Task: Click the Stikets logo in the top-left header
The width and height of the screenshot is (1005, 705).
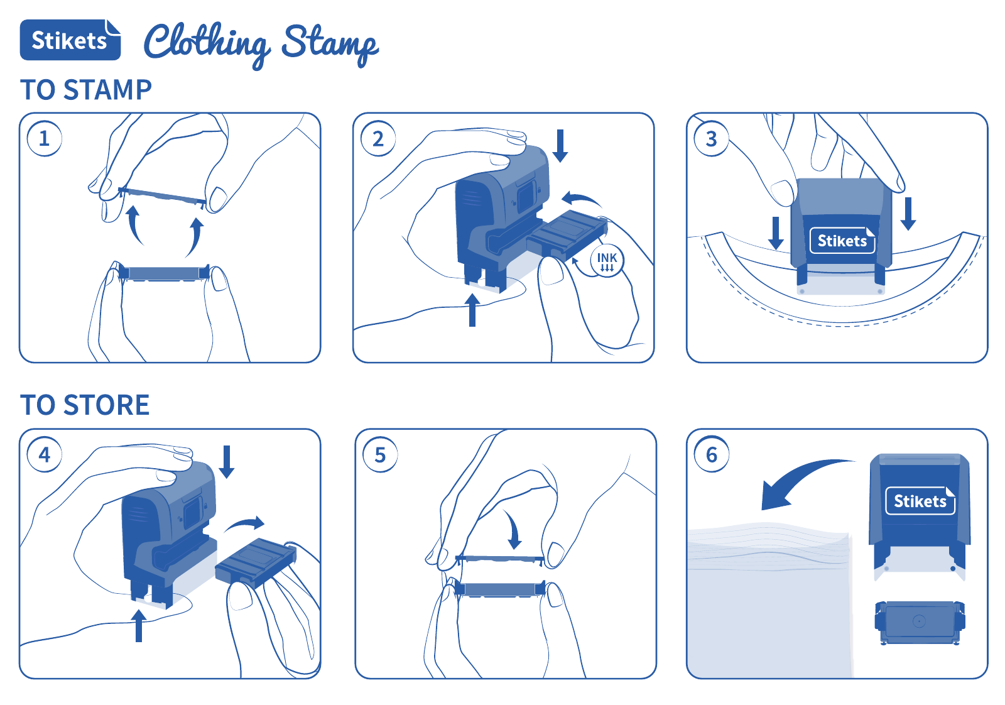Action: click(70, 40)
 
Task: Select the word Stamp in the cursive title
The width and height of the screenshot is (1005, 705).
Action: click(330, 45)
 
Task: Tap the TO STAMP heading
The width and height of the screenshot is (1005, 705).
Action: click(86, 90)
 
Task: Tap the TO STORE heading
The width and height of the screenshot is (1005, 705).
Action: click(85, 405)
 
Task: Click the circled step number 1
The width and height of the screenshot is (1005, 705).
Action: click(45, 139)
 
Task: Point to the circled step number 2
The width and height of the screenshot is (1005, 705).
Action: click(378, 139)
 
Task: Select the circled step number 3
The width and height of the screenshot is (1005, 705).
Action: click(712, 139)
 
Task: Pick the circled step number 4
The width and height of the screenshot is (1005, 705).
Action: click(45, 454)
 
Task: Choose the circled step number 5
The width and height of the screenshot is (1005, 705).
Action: click(380, 454)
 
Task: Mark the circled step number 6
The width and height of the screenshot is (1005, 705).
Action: click(712, 454)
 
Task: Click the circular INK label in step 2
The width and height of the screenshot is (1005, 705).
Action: click(607, 261)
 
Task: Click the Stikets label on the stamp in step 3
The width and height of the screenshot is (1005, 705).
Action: click(842, 241)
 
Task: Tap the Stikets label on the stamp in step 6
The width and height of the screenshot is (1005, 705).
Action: click(920, 501)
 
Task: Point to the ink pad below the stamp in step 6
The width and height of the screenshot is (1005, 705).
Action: click(920, 623)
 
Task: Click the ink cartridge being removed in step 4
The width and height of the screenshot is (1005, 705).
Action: click(256, 563)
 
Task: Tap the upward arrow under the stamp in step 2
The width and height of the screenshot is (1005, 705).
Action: click(472, 310)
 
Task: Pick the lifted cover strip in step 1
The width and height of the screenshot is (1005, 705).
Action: click(162, 197)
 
